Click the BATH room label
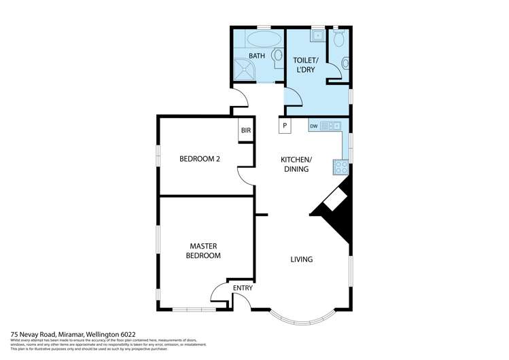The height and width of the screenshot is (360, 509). point(256,56)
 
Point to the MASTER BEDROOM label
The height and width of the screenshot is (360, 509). point(205,251)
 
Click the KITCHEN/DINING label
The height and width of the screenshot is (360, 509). point(296,164)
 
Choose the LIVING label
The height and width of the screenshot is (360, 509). point(301,259)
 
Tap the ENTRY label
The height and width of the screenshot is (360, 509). point(243,288)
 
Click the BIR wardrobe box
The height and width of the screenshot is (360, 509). point(245,131)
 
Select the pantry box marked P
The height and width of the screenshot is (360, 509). point(285,126)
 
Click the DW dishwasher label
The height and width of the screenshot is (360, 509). point(314,126)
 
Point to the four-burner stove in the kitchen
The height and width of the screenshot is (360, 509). point(340,165)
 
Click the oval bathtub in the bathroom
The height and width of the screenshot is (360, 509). point(258,38)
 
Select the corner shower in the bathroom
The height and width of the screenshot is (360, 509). point(243,69)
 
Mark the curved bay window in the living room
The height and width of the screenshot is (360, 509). point(300,317)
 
